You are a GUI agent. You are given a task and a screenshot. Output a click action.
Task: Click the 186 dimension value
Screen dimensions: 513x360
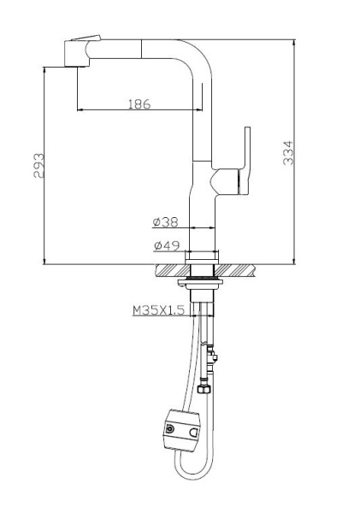click(139, 104)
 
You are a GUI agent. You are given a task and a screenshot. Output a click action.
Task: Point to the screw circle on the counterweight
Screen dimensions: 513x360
click(170, 429)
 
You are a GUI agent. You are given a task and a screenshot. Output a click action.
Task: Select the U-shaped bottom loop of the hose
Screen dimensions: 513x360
click(190, 475)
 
